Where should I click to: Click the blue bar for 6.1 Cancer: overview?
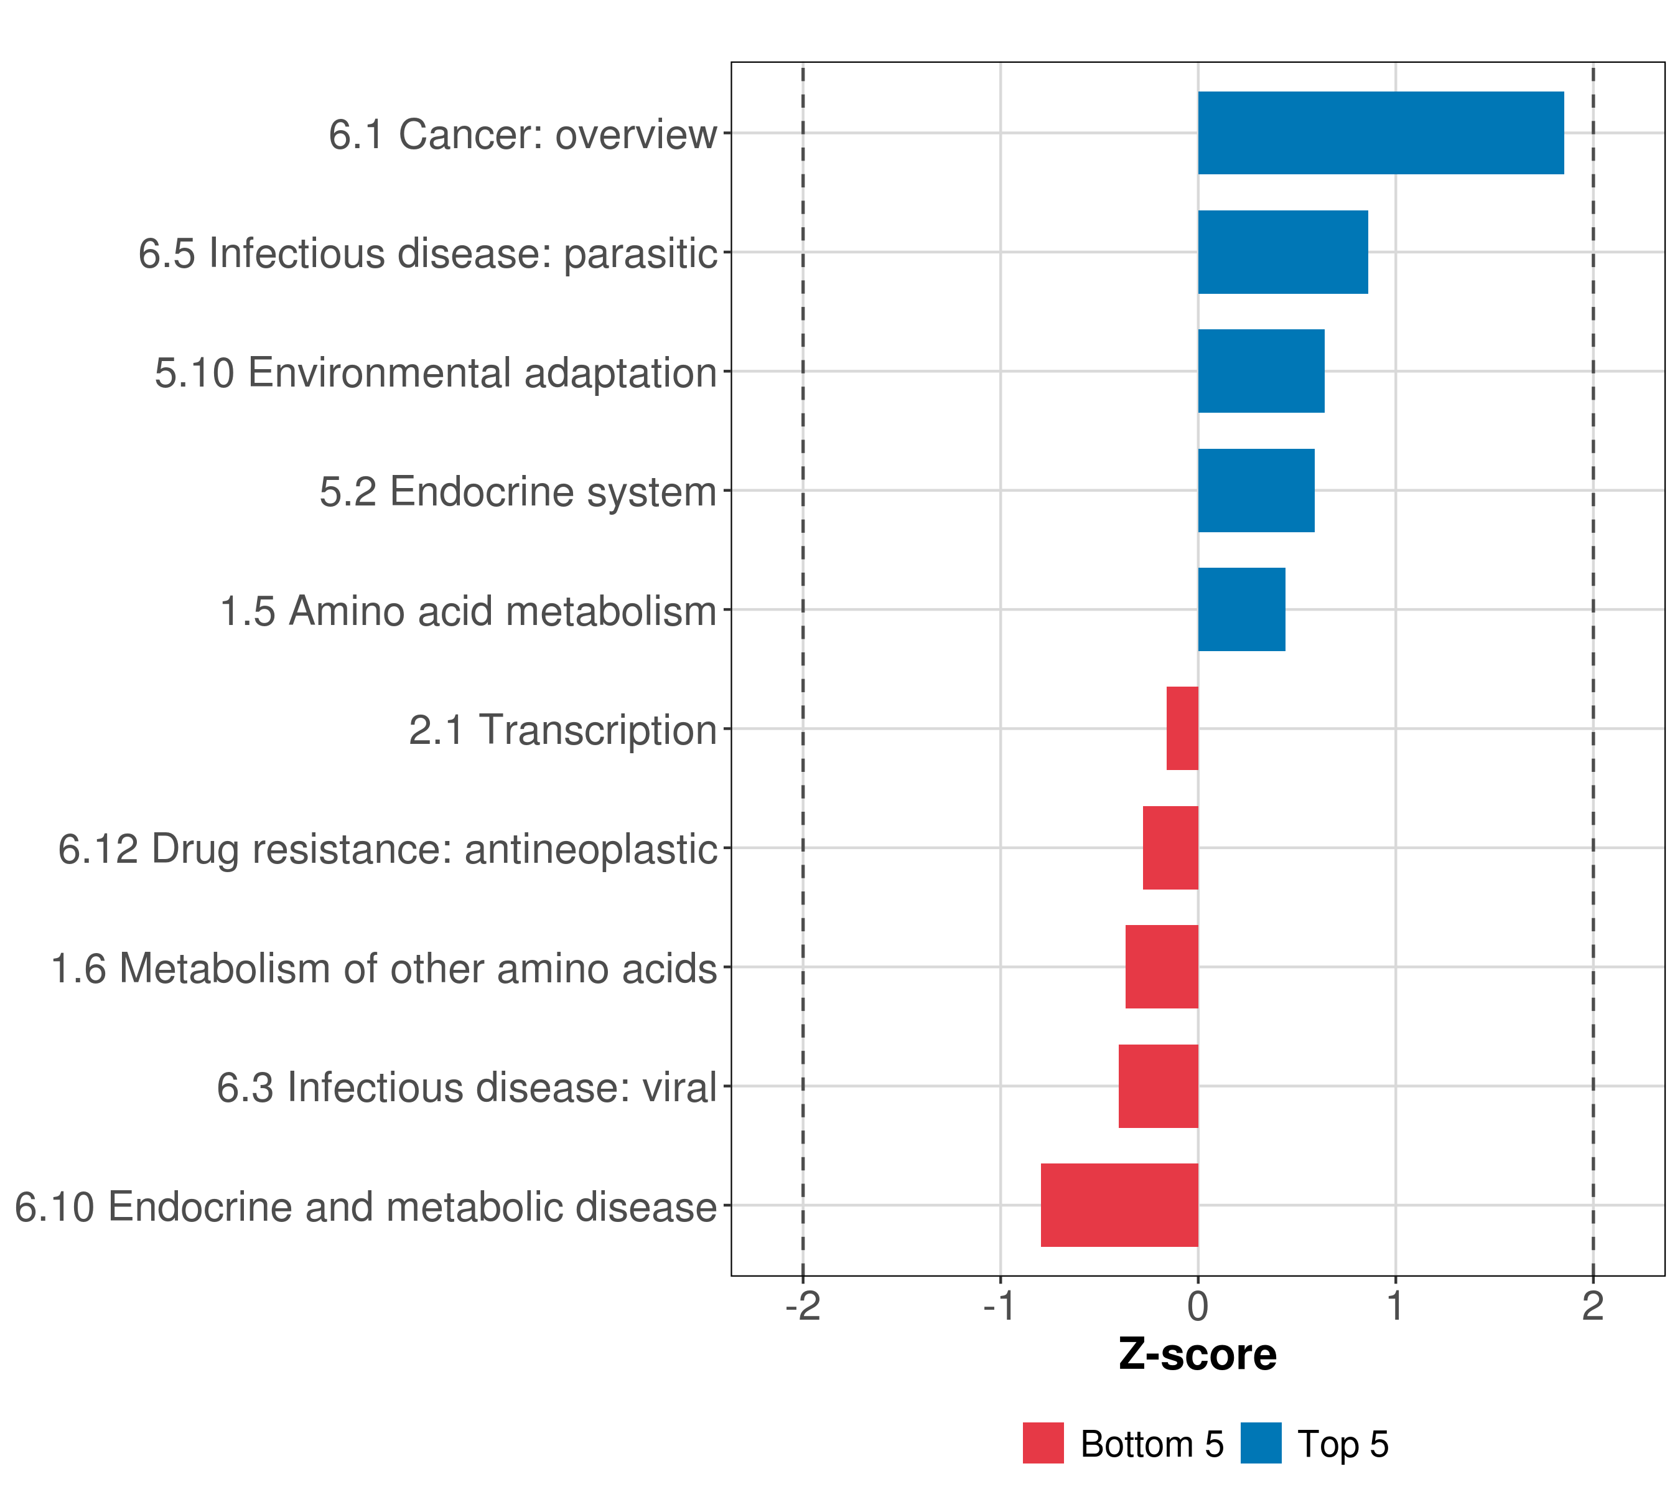[1380, 133]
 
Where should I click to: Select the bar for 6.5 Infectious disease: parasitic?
[1282, 253]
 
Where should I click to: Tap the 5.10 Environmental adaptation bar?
[1261, 371]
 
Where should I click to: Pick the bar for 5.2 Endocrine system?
[1256, 491]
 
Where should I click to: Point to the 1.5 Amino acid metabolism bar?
[1241, 609]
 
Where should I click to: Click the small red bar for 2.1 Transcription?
[1182, 728]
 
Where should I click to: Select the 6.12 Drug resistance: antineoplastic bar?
[1170, 848]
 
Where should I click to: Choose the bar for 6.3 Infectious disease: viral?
[1158, 1086]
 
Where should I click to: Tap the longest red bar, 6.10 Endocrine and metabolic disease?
[1119, 1205]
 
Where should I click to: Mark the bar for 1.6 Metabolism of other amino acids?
[1161, 967]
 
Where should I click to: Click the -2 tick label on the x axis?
[803, 1307]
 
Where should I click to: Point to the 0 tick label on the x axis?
[1198, 1307]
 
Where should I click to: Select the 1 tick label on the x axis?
[1395, 1307]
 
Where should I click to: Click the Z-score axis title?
[1198, 1355]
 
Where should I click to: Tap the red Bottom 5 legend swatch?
[1043, 1444]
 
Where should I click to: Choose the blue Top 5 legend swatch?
[1261, 1444]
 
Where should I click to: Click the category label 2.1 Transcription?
[563, 730]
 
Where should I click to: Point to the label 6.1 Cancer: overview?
[523, 134]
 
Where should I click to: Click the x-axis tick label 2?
[1593, 1307]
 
